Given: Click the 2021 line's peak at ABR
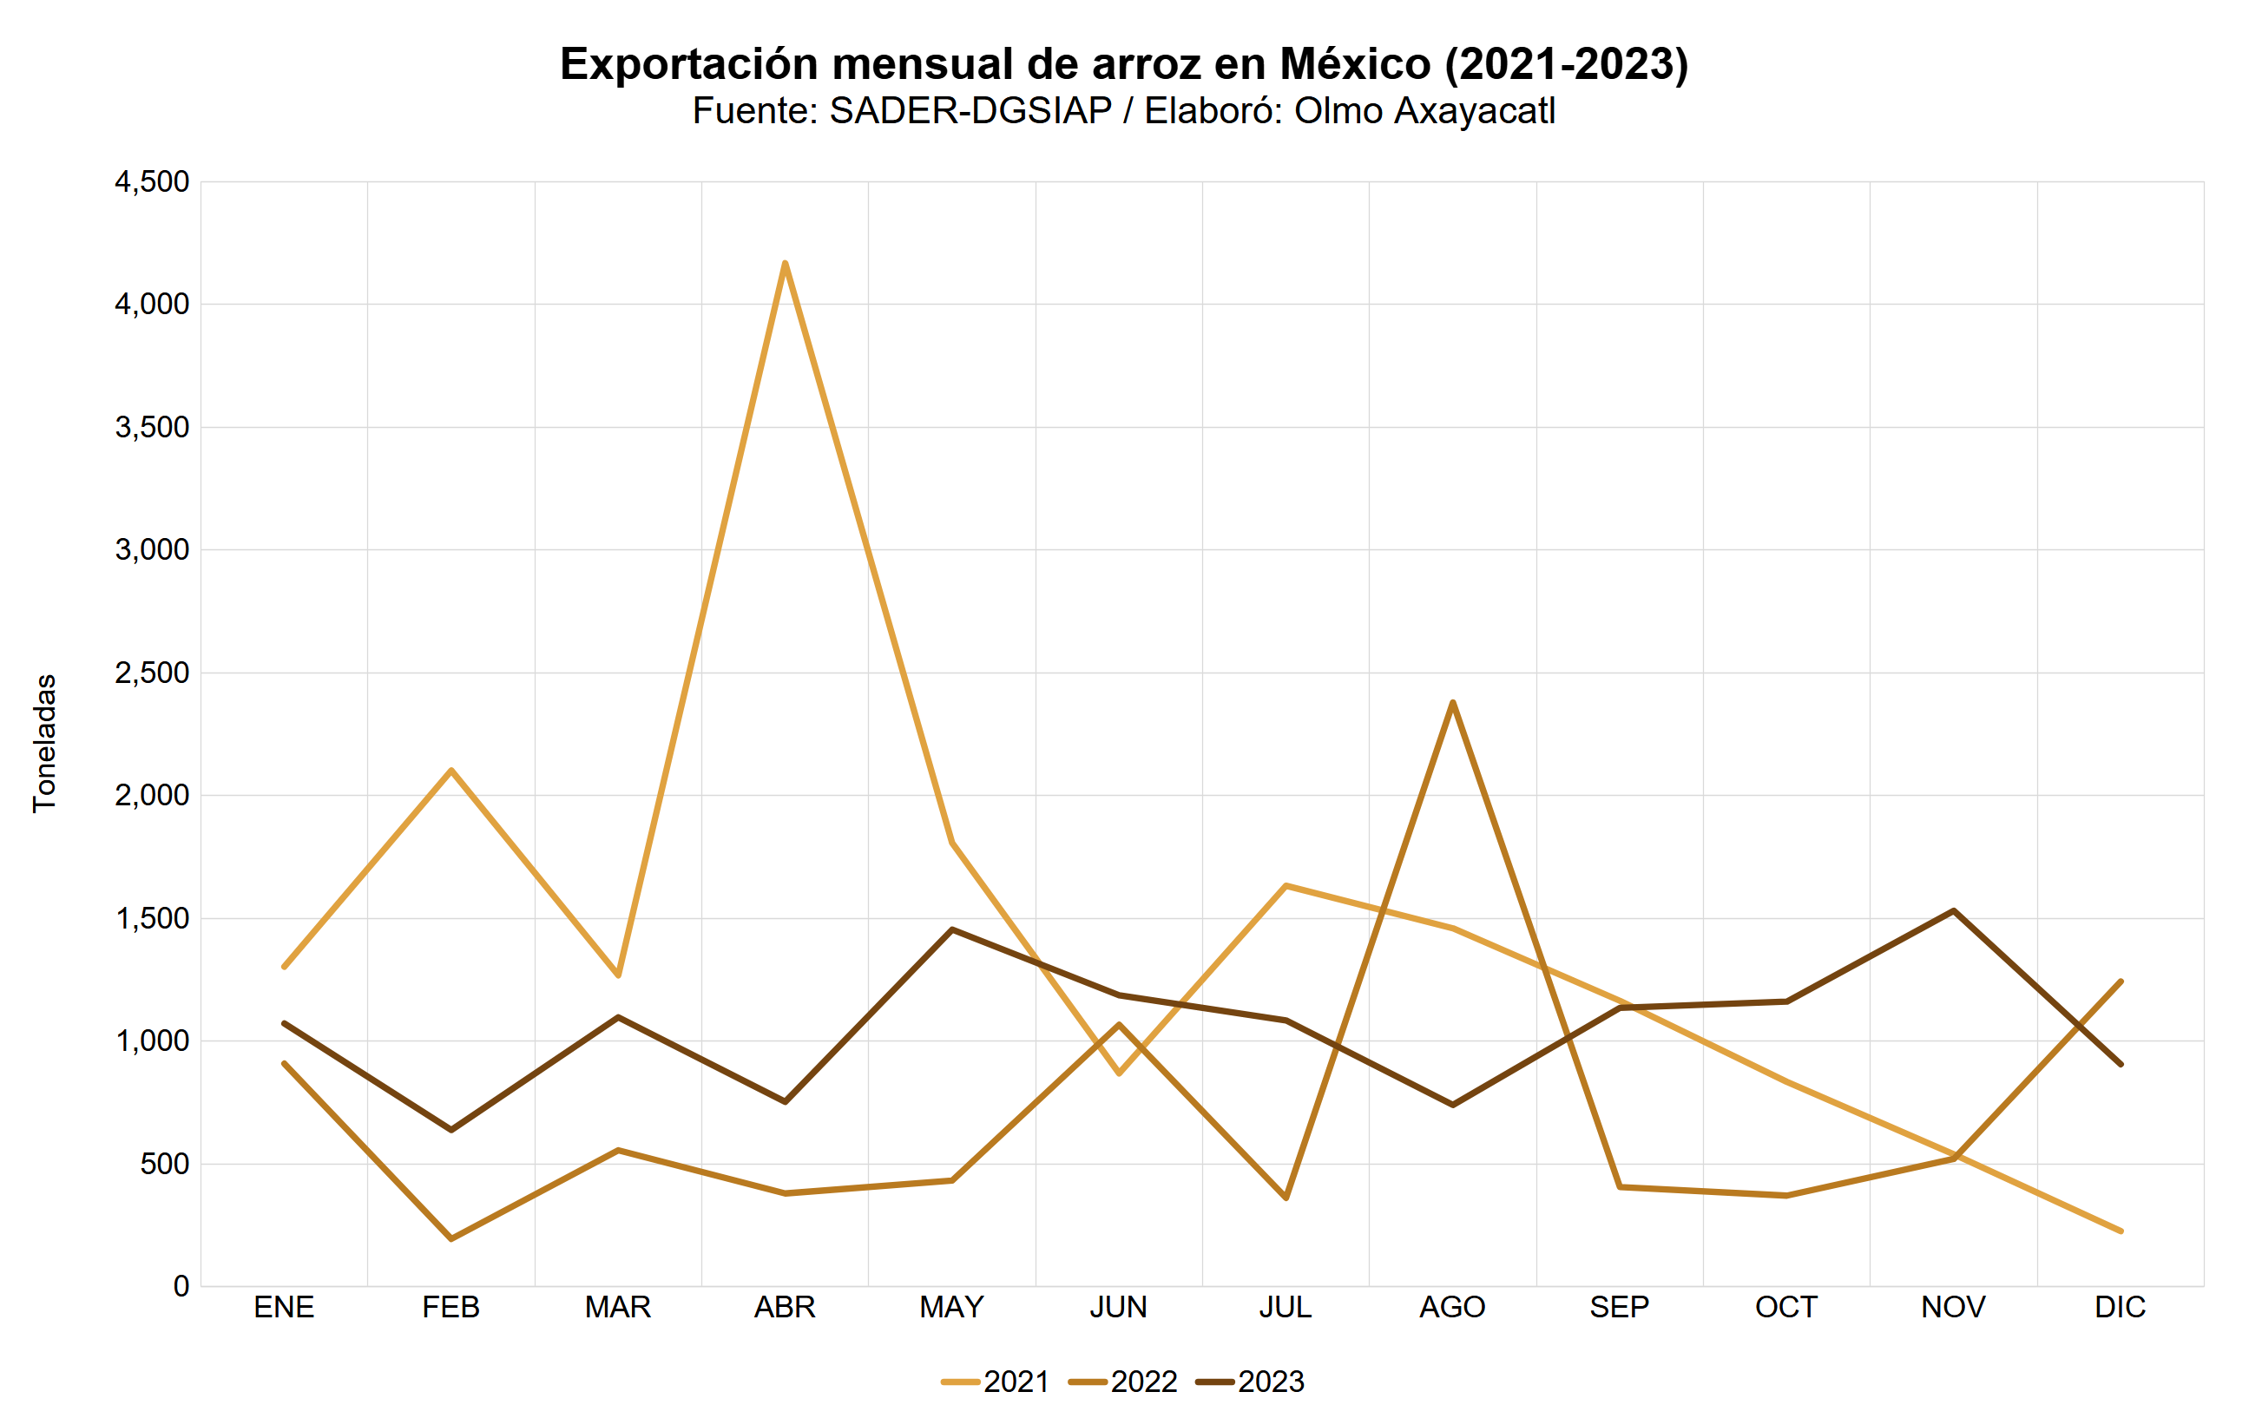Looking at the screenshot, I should point(786,264).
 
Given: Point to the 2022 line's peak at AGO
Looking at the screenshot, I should point(1452,704).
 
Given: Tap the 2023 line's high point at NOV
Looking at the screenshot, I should point(1954,910).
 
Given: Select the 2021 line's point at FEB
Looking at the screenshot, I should point(450,771).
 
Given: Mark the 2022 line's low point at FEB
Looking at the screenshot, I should point(450,1238).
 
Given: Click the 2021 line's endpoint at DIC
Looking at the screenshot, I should point(2120,1231).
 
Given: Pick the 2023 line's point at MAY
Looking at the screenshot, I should point(951,929).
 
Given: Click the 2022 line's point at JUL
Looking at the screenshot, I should point(1286,1198).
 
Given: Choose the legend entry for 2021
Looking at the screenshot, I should point(996,1382).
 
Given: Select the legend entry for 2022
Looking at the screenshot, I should point(1123,1382).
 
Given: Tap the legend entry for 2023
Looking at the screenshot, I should point(1251,1382).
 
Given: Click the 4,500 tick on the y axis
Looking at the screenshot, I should point(152,182).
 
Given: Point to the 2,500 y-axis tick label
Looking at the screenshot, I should point(152,673).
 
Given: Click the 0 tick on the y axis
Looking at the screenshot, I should point(181,1286).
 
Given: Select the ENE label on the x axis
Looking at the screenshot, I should point(284,1308).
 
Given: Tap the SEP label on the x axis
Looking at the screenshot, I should point(1619,1308).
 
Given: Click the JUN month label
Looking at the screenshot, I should point(1118,1308).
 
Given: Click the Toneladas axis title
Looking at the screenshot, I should point(44,744).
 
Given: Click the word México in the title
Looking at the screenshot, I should point(1355,64).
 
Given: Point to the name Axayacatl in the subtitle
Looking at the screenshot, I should point(1474,110).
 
